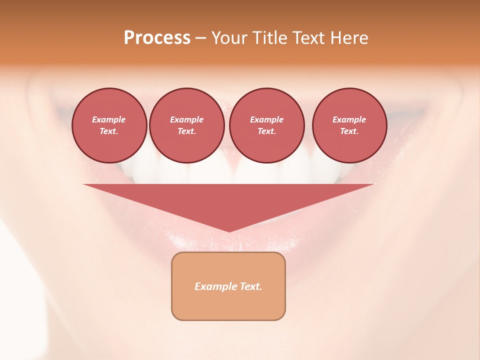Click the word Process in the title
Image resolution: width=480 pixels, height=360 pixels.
pos(157,38)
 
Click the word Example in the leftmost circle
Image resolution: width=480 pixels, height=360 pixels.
pos(109,119)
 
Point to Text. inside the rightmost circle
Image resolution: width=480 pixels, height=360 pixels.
pos(349,131)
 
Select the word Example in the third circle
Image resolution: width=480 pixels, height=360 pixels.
pos(266,119)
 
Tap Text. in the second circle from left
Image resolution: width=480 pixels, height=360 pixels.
pos(187,131)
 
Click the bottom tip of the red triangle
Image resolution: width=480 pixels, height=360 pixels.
pos(229,230)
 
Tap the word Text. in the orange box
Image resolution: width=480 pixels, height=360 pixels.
pos(250,286)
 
